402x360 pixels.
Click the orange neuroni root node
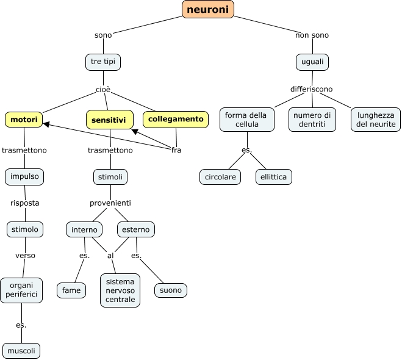[x=208, y=9]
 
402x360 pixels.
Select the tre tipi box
[x=102, y=62]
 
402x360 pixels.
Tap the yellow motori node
[x=24, y=119]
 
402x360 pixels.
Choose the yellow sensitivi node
[x=109, y=120]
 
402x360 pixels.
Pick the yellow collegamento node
[x=175, y=119]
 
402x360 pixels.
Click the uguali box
[x=312, y=62]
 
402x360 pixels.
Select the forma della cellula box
[x=246, y=120]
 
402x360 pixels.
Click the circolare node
[x=220, y=177]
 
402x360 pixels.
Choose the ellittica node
[x=274, y=177]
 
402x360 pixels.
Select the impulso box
[x=24, y=177]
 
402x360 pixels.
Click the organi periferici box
[x=21, y=290]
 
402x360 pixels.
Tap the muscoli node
[x=21, y=351]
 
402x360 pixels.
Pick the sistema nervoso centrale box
[x=120, y=290]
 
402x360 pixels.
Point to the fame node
[x=71, y=290]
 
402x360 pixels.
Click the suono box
[x=171, y=290]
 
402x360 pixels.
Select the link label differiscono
[x=312, y=89]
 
